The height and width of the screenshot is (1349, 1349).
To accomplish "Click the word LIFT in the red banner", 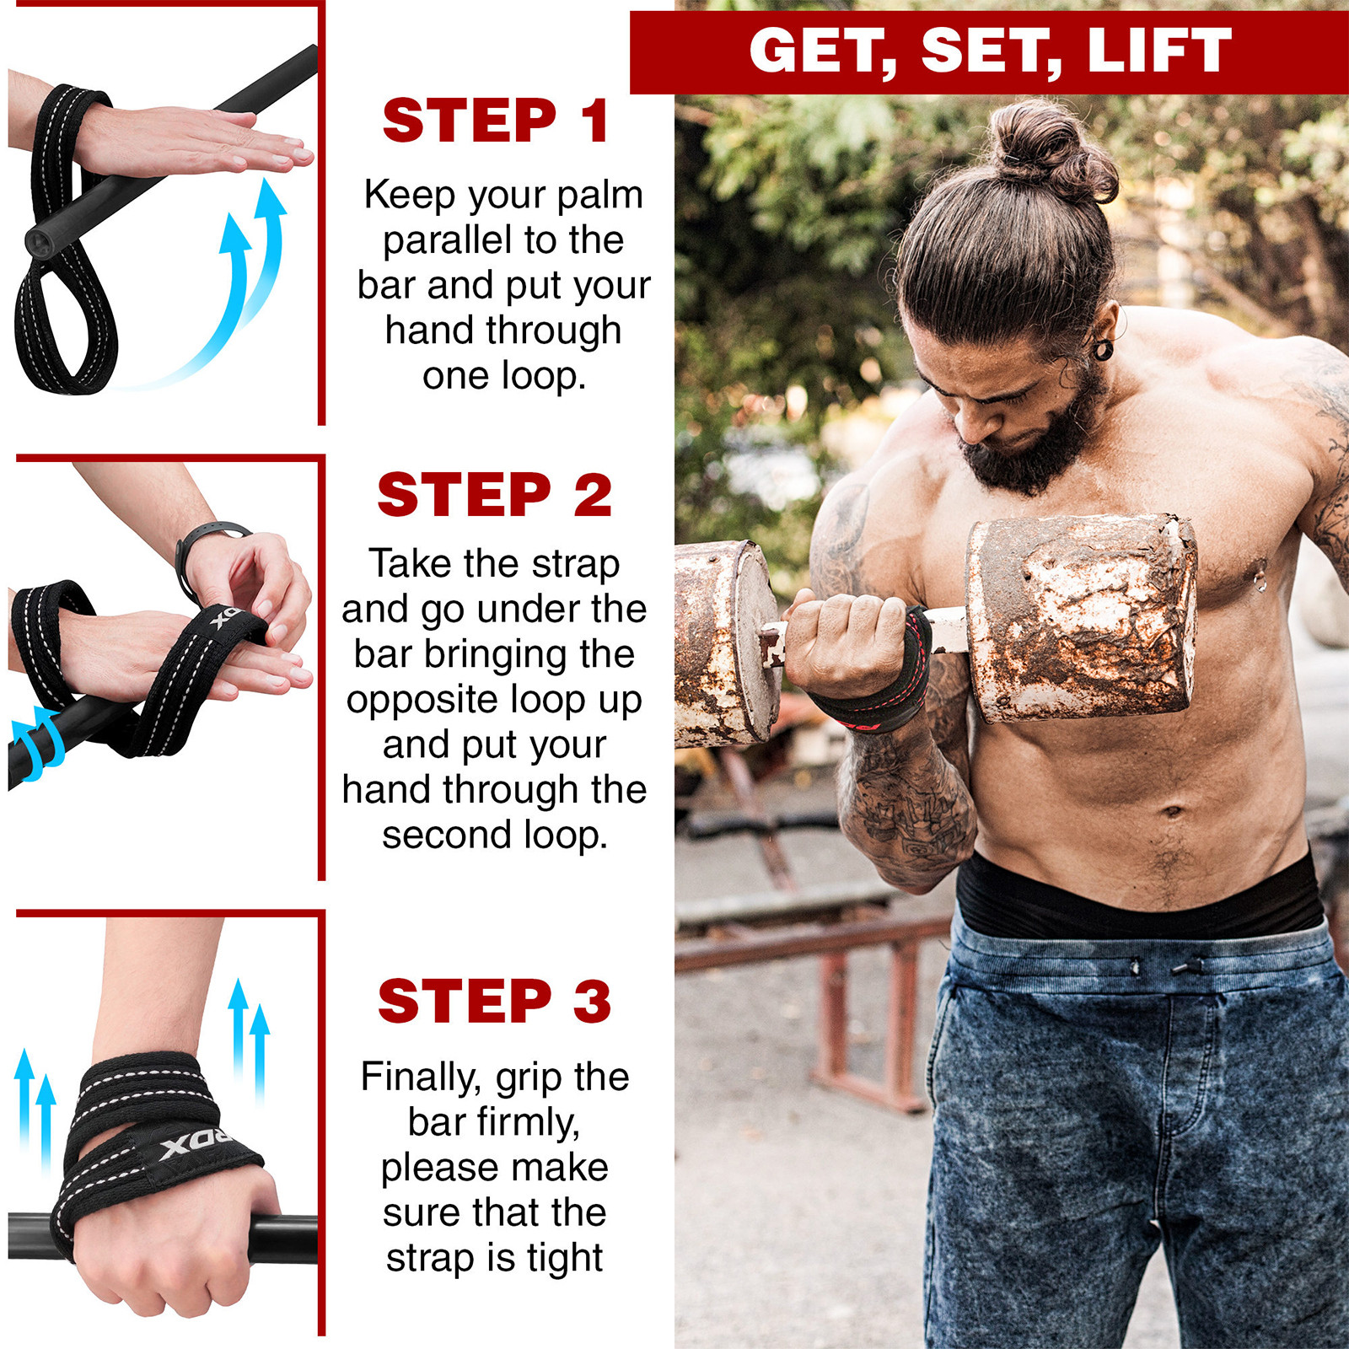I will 1159,51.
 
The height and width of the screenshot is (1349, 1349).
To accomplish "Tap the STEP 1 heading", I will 496,121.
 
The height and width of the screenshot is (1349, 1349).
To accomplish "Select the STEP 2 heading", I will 494,495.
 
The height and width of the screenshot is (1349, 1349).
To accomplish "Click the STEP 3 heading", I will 494,1001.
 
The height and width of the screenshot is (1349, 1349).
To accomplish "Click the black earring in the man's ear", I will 1102,348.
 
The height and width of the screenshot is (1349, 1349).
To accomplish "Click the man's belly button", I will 1172,812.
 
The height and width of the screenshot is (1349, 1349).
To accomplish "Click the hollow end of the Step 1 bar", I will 39,243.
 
